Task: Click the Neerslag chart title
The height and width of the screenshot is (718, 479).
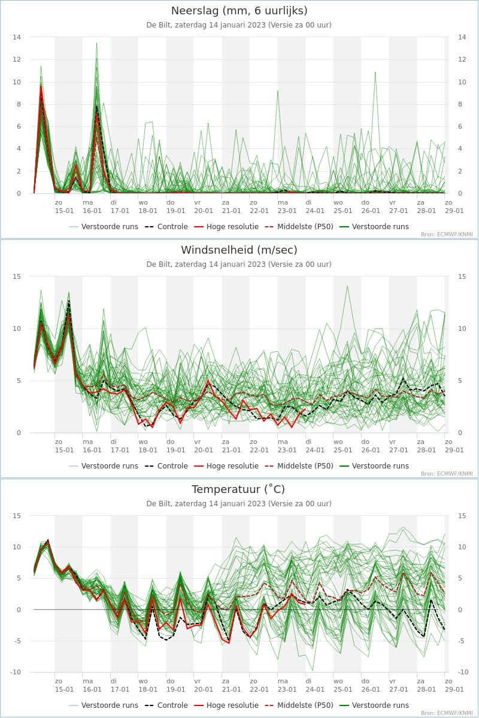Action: [239, 11]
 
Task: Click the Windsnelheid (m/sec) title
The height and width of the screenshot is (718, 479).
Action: [239, 250]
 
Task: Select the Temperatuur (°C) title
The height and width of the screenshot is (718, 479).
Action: [238, 489]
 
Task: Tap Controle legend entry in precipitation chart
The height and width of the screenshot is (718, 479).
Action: [166, 227]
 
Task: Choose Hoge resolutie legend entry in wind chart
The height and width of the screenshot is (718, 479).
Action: [226, 466]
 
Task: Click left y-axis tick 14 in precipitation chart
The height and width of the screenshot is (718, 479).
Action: [17, 37]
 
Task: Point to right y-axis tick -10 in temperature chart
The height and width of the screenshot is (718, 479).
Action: [462, 672]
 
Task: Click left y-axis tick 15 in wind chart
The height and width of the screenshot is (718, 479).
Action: [17, 276]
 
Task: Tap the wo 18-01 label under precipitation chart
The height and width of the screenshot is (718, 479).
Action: [147, 207]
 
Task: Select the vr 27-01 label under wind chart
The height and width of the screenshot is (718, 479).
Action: [399, 446]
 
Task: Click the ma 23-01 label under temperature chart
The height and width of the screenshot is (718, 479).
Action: [287, 685]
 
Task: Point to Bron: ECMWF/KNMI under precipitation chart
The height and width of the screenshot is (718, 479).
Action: [447, 235]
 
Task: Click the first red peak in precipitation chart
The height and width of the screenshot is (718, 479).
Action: [41, 87]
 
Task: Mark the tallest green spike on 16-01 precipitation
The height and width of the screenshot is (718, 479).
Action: [96, 43]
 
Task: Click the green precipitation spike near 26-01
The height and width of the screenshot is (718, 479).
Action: [375, 72]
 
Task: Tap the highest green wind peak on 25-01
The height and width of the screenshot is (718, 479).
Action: [347, 286]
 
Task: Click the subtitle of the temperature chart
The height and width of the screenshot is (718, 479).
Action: [239, 504]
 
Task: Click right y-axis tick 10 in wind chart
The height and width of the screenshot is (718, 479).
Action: [462, 329]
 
